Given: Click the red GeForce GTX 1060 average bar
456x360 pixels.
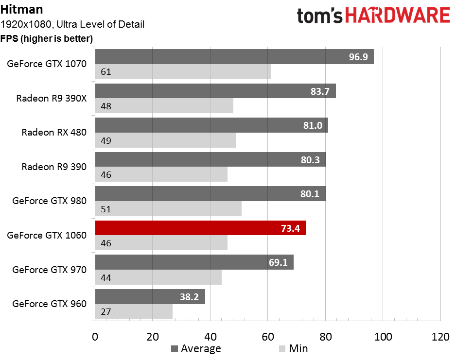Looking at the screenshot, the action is (201, 228).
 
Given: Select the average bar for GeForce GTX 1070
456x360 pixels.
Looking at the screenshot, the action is (234, 56).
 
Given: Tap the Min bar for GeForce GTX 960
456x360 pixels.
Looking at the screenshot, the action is (134, 311).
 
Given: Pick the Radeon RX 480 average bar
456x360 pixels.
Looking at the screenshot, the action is (211, 125).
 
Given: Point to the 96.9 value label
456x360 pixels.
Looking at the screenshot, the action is (358, 57).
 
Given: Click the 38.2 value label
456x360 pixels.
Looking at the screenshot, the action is (189, 297).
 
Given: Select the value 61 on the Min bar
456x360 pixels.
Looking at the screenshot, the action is (106, 71).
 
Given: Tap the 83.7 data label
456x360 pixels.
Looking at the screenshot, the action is (320, 91).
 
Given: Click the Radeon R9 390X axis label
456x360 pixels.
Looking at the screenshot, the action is (52, 98).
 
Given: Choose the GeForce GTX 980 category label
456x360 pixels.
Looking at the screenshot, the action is (50, 201).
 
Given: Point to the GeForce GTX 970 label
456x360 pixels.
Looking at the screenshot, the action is (50, 270).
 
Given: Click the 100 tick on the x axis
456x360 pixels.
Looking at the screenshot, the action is (383, 337).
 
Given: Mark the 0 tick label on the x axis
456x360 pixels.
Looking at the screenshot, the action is (95, 337).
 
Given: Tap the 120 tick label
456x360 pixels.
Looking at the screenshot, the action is (440, 337).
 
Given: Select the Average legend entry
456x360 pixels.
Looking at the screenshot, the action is (196, 348).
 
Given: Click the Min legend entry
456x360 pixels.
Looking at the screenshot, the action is (293, 348).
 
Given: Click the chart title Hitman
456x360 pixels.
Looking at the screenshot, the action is (21, 9).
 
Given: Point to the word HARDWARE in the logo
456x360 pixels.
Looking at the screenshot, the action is (398, 16).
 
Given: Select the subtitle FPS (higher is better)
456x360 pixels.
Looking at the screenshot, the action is (47, 38).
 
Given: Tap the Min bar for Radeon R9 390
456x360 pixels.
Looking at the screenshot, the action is (161, 174).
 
